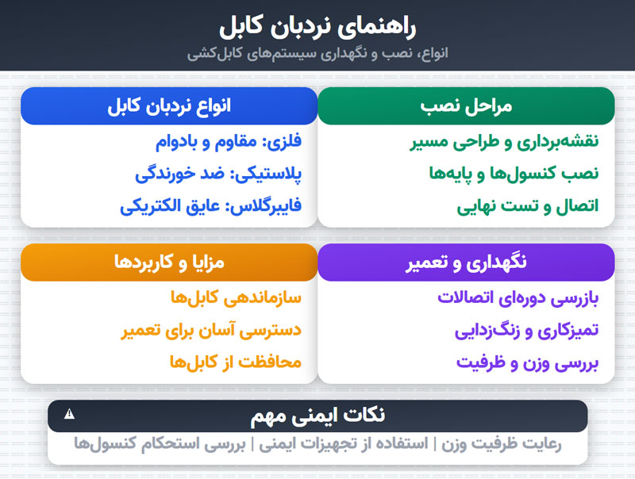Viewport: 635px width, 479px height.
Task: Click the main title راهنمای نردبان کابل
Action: [317, 25]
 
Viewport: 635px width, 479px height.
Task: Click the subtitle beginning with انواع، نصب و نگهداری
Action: [317, 54]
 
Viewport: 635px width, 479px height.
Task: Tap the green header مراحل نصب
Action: [466, 106]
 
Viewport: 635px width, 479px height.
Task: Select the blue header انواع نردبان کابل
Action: [169, 106]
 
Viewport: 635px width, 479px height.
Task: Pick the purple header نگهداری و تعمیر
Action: [466, 262]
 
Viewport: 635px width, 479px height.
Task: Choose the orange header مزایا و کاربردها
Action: [169, 262]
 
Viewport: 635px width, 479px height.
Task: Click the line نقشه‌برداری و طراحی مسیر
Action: [504, 143]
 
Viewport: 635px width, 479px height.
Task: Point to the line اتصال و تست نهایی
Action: [528, 205]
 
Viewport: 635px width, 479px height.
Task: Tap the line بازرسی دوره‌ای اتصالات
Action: [518, 299]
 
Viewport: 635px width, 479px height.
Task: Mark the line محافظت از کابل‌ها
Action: [236, 362]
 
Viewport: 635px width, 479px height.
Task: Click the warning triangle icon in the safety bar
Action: [69, 413]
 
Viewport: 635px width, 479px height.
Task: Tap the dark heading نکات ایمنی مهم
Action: [317, 416]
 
